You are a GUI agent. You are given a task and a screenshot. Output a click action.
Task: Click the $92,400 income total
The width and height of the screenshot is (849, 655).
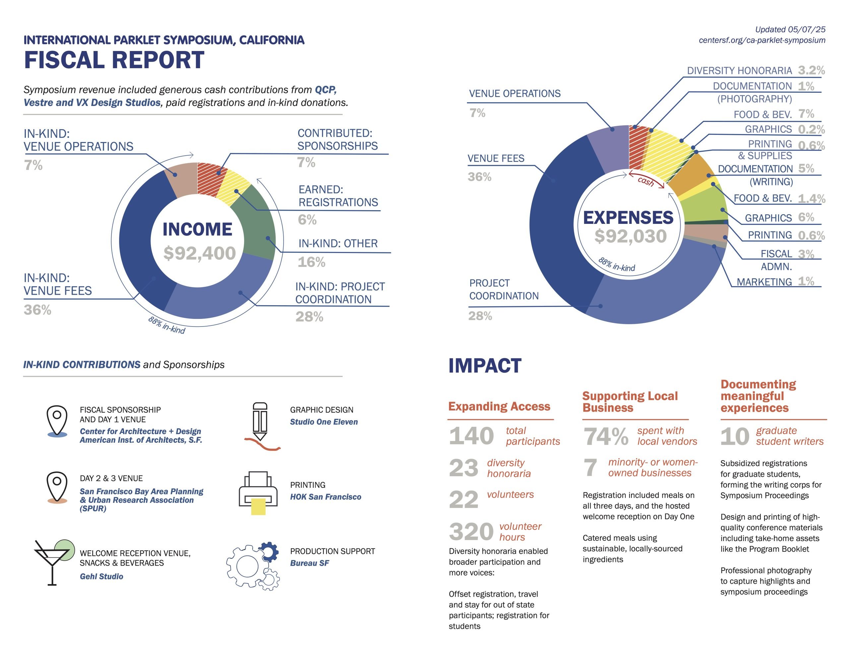pos(199,253)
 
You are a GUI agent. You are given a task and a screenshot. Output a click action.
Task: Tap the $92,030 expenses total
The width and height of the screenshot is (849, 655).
pos(630,236)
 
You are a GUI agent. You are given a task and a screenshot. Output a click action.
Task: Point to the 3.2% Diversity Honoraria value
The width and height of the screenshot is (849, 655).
pos(811,70)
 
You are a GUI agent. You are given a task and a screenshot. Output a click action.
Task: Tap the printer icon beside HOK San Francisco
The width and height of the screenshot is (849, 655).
pos(258,493)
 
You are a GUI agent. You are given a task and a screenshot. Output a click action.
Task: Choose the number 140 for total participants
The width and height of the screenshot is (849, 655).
pos(471,436)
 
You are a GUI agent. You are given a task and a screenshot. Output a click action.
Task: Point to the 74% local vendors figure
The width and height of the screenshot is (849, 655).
pos(606,436)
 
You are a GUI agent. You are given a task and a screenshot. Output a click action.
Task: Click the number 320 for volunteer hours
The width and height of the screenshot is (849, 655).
pos(471,531)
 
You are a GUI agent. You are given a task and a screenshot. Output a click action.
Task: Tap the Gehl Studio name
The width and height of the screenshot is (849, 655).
pos(101,577)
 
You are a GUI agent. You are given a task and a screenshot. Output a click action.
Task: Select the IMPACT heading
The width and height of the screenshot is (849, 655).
pos(485,366)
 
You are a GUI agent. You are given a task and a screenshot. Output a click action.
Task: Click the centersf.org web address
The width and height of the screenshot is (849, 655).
pos(762,40)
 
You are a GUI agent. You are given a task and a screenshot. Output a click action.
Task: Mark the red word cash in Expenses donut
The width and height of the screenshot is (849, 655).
pos(646,181)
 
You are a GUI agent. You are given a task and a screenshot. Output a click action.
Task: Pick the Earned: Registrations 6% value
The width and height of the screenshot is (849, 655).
pos(307,220)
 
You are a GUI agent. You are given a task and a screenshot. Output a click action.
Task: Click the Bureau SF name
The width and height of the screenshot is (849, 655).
pos(309,563)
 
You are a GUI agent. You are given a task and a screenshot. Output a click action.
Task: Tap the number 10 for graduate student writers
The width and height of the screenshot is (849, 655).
pos(734,436)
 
